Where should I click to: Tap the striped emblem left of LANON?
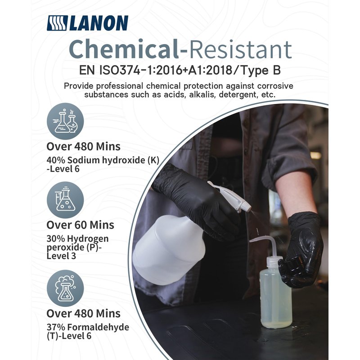(x=57, y=23)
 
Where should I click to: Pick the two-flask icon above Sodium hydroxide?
(x=65, y=121)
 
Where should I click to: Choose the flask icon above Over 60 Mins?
(x=65, y=200)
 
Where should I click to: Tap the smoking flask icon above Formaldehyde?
(x=65, y=288)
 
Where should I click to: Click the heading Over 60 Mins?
(x=80, y=225)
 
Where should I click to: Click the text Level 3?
(x=61, y=256)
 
